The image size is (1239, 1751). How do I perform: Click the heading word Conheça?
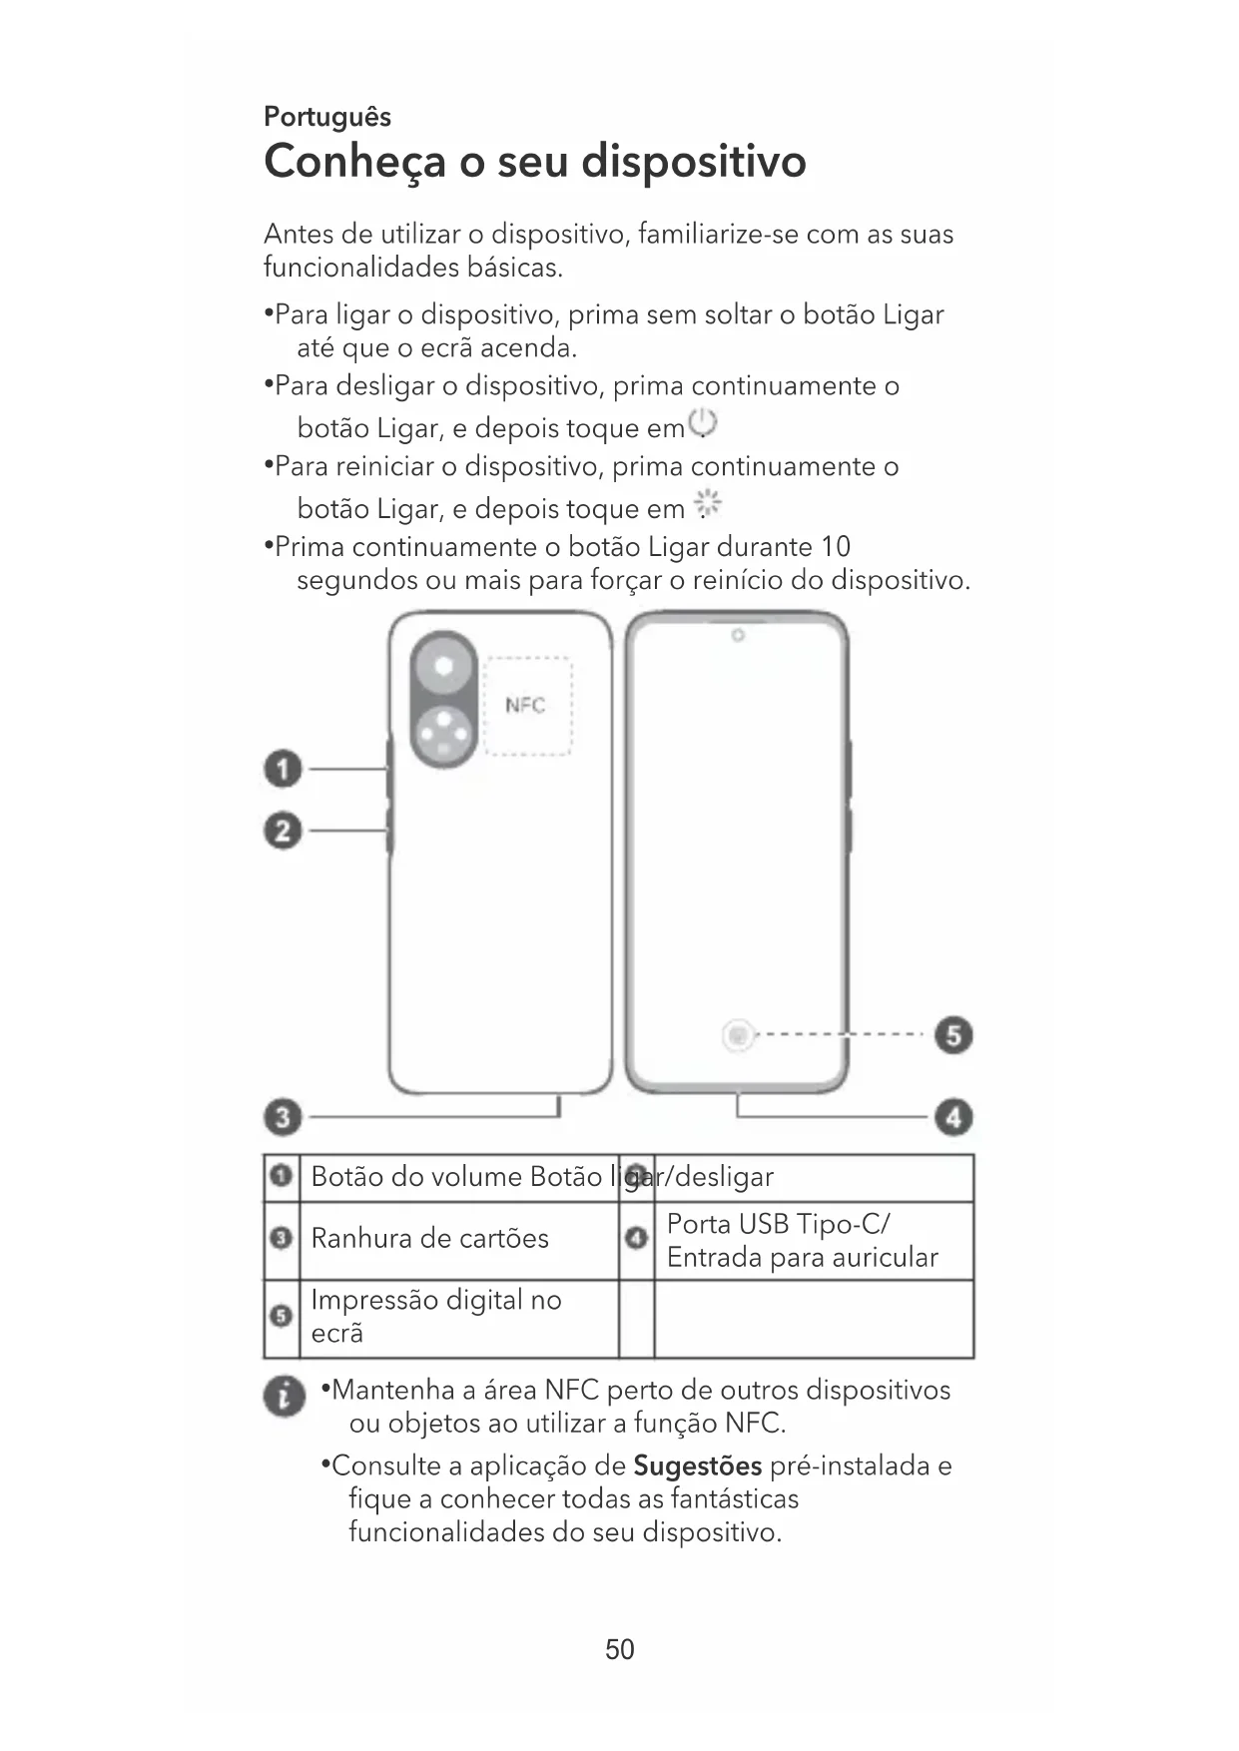coord(353,162)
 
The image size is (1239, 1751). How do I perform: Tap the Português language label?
coord(326,117)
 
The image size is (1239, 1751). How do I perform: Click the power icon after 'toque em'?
coord(704,424)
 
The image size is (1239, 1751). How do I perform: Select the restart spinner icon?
coord(708,504)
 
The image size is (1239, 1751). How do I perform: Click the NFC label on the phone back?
coord(525,706)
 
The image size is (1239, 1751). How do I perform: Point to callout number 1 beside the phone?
coord(283,770)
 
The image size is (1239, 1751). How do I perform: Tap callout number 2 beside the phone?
coord(283,831)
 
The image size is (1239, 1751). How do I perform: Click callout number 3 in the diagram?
coord(283,1116)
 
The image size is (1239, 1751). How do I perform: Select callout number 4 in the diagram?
coord(953,1116)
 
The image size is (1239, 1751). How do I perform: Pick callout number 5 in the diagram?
coord(953,1035)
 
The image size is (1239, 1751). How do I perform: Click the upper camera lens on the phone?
coord(443,666)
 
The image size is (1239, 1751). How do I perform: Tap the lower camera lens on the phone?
coord(443,737)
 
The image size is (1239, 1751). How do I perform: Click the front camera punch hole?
coord(738,636)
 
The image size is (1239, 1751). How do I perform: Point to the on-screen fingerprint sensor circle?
coord(738,1036)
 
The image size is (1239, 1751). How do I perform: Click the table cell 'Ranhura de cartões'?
coord(430,1239)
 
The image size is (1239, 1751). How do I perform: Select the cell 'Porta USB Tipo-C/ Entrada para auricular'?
coord(803,1241)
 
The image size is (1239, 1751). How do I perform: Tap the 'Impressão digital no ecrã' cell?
coord(436,1317)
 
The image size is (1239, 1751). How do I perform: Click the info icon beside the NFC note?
coord(285,1397)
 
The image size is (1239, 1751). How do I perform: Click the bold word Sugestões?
coord(698,1466)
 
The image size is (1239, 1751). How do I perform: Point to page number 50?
coord(620,1649)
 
